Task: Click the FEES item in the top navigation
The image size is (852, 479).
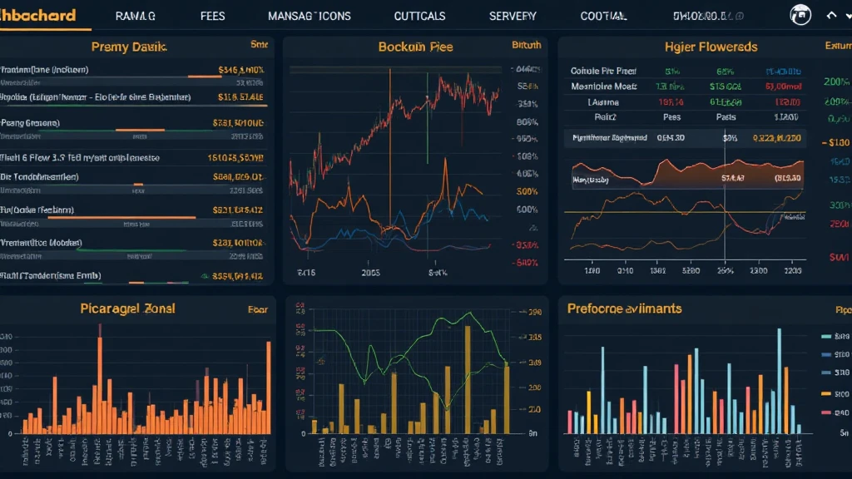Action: [213, 16]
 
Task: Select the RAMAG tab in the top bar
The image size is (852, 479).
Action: [136, 16]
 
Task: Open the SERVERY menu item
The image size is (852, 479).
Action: [513, 16]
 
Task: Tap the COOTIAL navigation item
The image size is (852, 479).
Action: [604, 16]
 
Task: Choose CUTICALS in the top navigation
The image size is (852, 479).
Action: [419, 16]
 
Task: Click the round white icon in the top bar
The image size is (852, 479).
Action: [800, 15]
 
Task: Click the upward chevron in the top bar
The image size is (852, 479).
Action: [830, 15]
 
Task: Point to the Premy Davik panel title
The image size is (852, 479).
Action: [129, 47]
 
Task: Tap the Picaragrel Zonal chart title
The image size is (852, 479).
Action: [127, 309]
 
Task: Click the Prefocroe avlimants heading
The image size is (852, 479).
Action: [624, 309]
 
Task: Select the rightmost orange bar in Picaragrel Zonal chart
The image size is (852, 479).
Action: [268, 387]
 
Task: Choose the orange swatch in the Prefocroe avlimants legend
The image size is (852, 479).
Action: [825, 393]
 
